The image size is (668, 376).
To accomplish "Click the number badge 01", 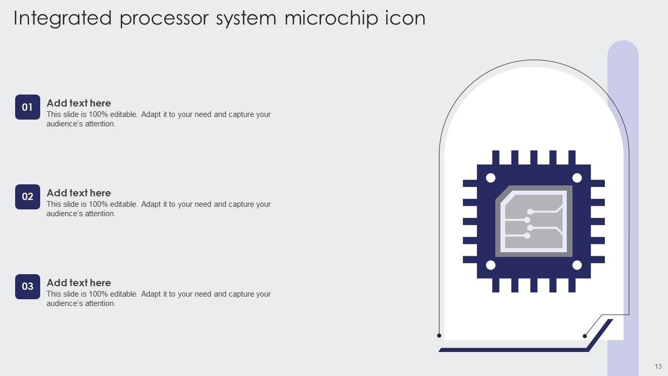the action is (28, 107).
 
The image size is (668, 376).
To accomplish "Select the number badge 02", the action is (28, 197).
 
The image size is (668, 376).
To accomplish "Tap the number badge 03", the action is (28, 286).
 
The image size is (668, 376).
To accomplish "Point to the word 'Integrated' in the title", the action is (63, 18).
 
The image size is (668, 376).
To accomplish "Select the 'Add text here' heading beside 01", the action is (79, 103).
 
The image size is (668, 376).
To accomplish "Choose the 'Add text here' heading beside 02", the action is (79, 193).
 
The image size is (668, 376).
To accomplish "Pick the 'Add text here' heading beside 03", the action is (79, 283).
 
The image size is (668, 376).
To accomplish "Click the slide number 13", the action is (658, 366).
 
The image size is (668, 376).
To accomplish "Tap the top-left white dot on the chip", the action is (491, 178).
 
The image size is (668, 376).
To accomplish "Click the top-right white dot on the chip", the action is (577, 178).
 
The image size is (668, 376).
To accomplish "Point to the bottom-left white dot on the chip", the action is (491, 265).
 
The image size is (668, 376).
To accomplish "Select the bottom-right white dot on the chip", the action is (577, 265).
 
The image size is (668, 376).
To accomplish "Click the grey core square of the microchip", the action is (533, 221).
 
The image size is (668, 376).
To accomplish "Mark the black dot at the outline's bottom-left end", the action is (439, 335).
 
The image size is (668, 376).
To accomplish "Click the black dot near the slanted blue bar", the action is (585, 336).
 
